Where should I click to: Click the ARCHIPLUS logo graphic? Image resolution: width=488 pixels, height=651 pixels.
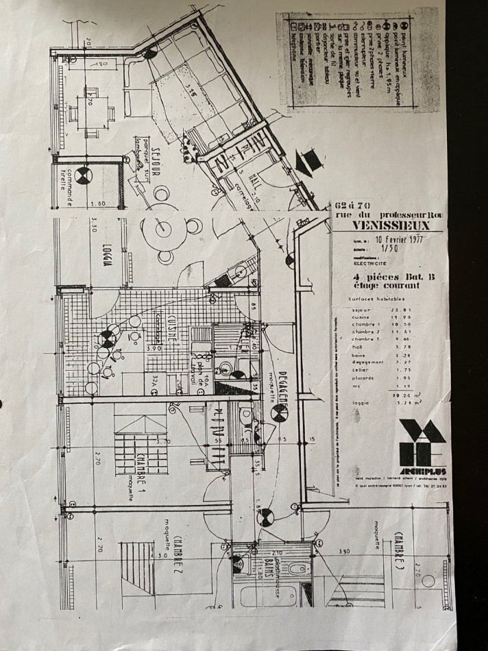point(423,443)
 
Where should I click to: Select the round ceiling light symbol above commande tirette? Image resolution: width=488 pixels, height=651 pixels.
point(84,176)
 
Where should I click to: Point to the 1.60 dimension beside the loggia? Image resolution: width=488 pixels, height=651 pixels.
point(96,204)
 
